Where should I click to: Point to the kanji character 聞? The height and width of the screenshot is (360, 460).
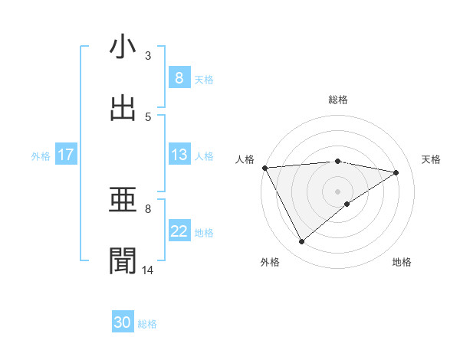coord(123,261)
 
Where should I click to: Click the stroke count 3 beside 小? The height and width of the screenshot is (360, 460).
coord(148,55)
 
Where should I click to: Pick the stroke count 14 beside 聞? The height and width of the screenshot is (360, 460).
coord(148,270)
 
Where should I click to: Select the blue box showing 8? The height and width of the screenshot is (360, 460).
coord(179,77)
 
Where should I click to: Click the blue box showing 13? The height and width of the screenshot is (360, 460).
coord(179,155)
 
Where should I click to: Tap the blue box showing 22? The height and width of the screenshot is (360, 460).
coord(179,232)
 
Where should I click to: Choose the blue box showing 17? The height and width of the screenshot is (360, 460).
coord(65,155)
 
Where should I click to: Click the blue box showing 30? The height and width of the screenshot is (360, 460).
coord(123,322)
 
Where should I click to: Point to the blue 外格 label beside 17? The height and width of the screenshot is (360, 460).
coord(41,156)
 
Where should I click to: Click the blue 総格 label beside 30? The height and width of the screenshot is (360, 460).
coord(147,324)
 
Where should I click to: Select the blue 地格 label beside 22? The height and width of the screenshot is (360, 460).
coord(204,233)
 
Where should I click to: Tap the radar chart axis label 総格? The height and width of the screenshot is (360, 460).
coord(338,100)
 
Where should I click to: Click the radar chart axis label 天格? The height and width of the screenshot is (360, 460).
coord(432,159)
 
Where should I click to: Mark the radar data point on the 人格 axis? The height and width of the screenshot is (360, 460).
coord(264,168)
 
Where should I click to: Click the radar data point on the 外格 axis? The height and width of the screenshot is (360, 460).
coord(301,242)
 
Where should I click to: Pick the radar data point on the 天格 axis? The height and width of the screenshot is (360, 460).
coord(396,172)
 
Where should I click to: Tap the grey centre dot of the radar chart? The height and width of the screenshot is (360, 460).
coord(338,191)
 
